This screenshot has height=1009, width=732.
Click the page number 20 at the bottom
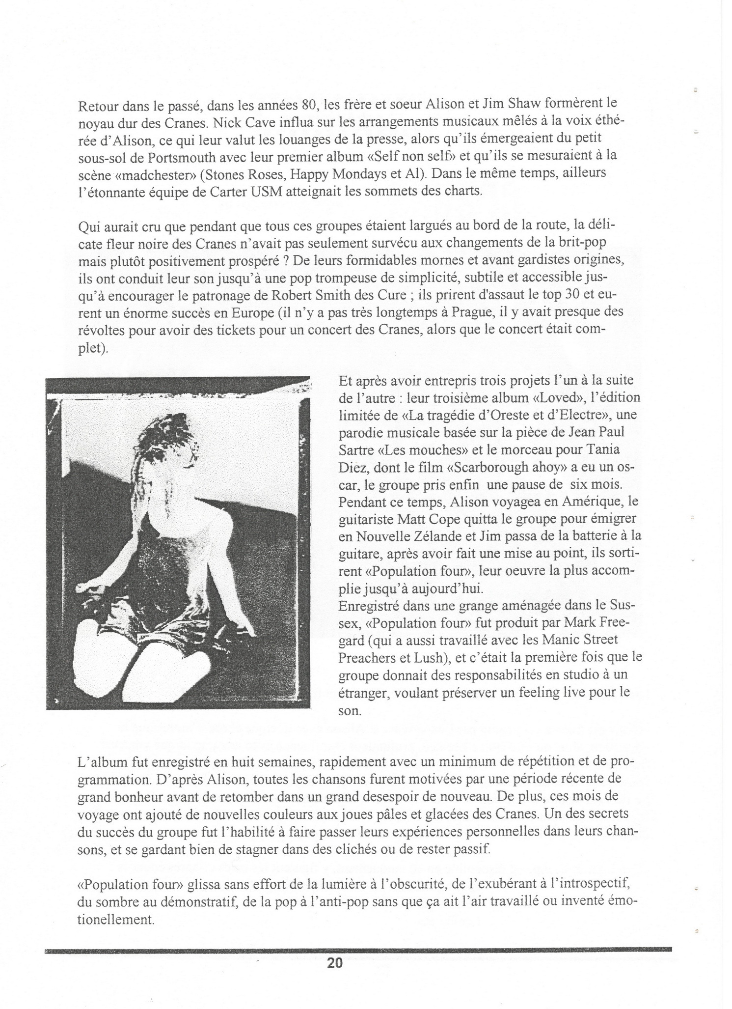point(334,963)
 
